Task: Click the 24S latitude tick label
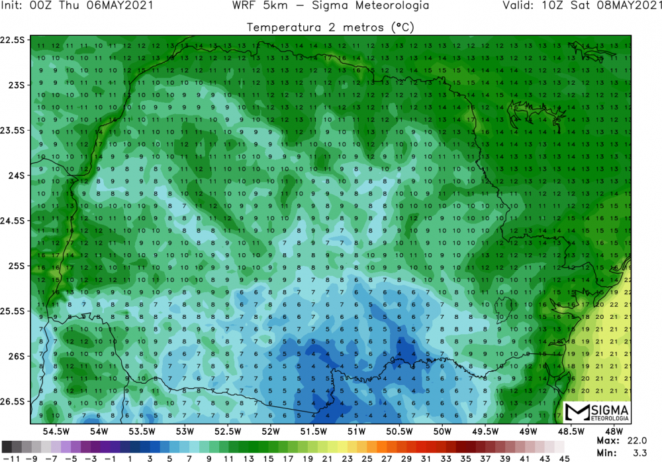click(x=14, y=176)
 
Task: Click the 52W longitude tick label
click(x=270, y=432)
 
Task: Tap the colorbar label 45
click(x=561, y=457)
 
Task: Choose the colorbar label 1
click(x=130, y=457)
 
